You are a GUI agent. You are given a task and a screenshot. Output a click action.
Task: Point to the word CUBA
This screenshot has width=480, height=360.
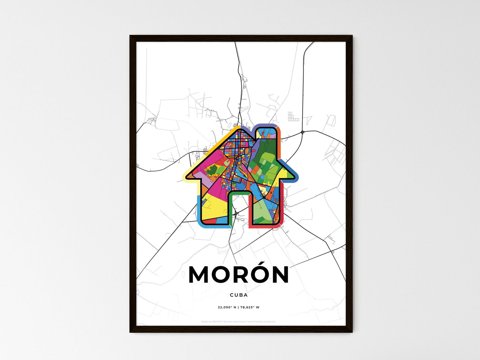pos(239,295)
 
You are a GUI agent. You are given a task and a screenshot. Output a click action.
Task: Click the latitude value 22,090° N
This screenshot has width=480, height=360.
pos(227,307)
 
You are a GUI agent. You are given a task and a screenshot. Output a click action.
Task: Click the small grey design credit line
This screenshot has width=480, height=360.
pos(239,321)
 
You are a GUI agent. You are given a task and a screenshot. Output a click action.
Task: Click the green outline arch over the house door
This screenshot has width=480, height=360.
pos(239,192)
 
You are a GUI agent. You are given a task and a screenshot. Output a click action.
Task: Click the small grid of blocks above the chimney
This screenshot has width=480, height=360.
pos(292,117)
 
